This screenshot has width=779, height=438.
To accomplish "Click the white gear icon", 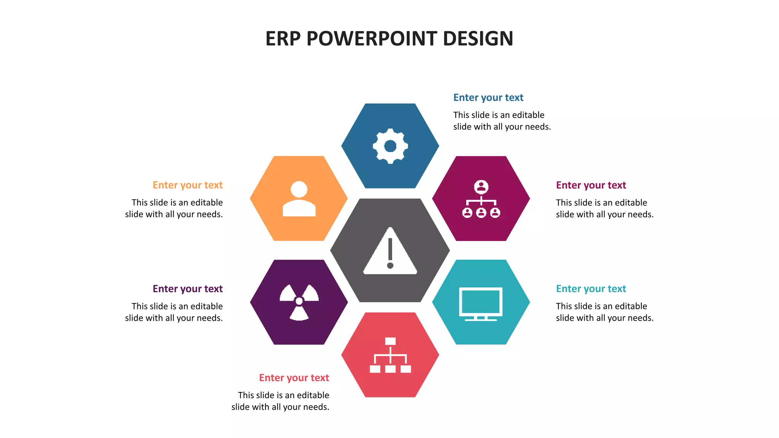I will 390,146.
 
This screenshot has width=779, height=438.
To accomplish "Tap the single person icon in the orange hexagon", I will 299,199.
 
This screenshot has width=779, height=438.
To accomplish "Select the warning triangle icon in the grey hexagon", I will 390,252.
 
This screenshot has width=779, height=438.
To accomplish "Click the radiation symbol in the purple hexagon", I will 299,302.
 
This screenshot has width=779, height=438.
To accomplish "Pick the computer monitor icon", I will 481,303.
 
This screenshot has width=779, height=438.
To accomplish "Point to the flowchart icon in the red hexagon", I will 390,355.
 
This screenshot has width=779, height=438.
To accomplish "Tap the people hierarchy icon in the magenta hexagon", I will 481,199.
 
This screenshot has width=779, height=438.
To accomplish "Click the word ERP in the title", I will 283,39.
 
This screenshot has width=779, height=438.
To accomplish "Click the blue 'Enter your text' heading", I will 488,98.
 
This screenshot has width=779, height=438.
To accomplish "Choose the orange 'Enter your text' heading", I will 188,185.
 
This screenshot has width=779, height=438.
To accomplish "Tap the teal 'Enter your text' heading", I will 591,289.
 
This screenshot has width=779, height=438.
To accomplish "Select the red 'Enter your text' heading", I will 294,378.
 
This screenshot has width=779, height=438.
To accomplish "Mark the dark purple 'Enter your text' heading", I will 188,289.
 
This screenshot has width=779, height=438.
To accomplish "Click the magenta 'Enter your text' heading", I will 591,185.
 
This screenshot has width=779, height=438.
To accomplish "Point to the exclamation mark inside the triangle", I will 390,253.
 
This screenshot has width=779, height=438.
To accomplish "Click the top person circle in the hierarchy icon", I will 481,187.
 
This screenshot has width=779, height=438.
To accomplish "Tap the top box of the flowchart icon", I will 390,341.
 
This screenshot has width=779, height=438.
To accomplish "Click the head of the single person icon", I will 299,189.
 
